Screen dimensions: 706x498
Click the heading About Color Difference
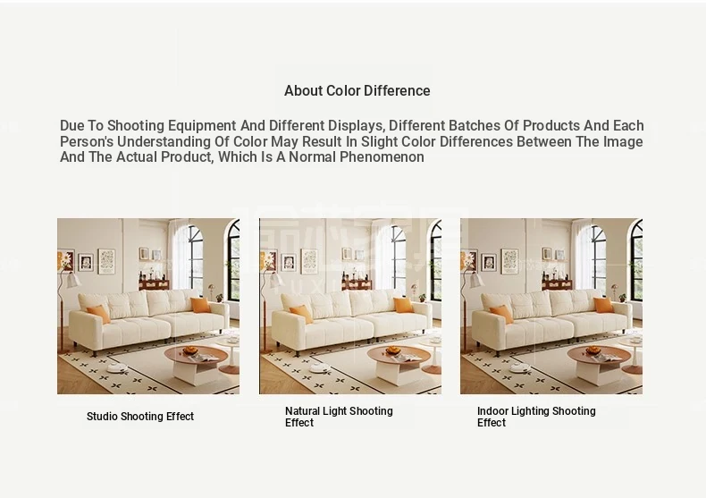tap(357, 90)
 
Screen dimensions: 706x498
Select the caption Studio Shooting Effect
tap(140, 417)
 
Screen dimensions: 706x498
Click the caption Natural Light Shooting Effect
tap(339, 417)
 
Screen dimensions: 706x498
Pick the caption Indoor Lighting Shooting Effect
tap(536, 417)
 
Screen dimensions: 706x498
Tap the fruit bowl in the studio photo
tap(190, 350)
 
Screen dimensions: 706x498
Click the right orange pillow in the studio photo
tap(200, 305)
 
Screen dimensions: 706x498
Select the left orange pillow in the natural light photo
tap(301, 314)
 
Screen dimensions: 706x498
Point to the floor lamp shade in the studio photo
tap(73, 280)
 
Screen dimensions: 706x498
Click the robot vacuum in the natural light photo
tap(320, 368)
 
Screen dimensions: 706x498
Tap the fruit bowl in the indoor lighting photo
tap(593, 350)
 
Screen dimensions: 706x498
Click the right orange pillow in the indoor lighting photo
tap(603, 305)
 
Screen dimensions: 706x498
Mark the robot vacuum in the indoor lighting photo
tap(520, 368)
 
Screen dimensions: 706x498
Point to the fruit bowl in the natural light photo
tap(393, 350)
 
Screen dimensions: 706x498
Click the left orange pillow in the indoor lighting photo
tap(501, 314)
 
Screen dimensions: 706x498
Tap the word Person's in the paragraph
tap(87, 142)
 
